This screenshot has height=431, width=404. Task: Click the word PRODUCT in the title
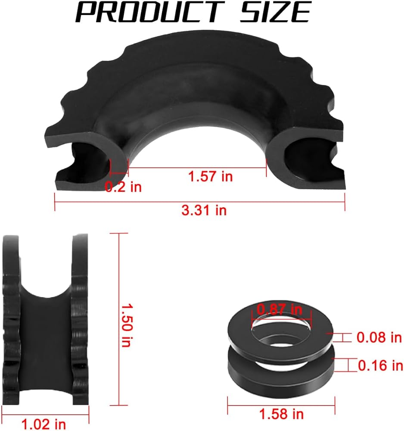150,12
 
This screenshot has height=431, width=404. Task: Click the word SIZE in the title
276,12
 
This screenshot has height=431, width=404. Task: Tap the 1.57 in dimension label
211,176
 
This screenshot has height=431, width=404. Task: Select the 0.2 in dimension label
123,187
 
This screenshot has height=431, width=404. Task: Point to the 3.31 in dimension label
204,210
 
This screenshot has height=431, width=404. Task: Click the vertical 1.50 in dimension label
127,325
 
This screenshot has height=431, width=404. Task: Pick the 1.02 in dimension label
44,424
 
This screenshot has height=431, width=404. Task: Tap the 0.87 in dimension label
280,309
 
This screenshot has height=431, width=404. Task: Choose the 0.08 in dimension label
379,337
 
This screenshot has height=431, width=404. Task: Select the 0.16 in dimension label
381,365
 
